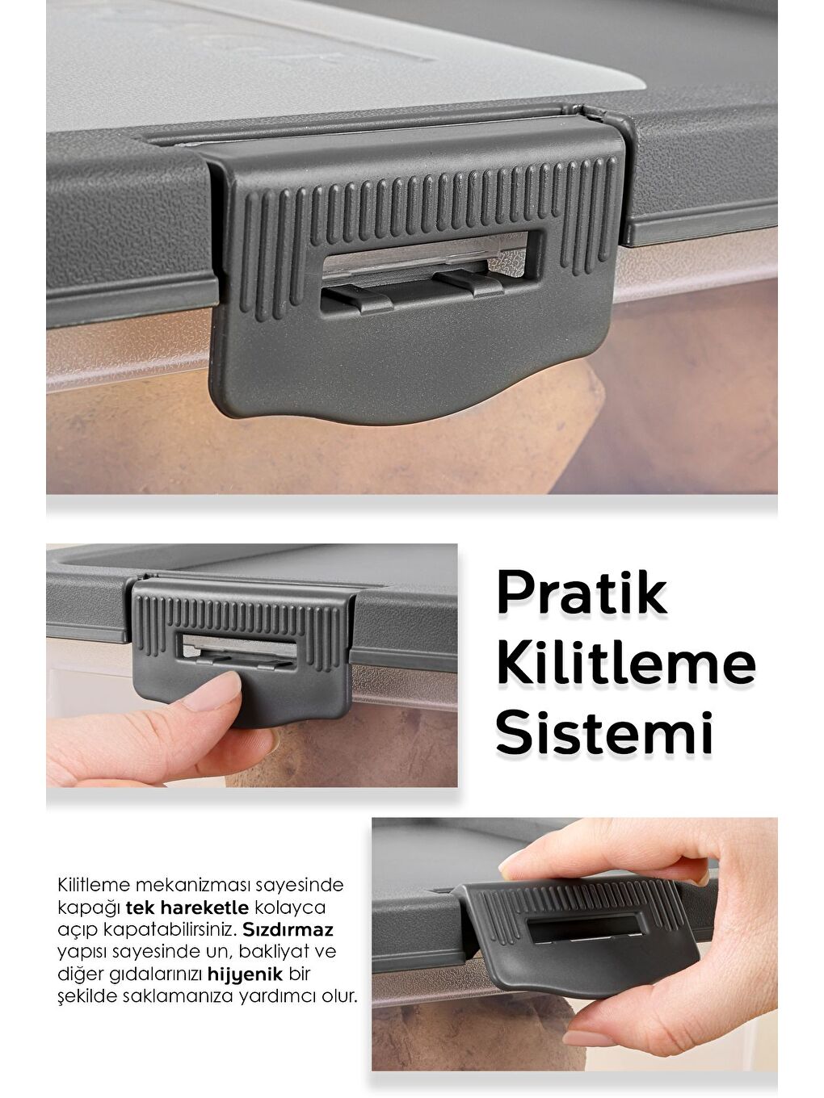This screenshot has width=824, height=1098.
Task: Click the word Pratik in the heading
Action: coord(582,593)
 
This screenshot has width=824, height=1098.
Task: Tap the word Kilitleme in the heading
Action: coord(625,664)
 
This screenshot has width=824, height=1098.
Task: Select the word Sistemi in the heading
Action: coord(604,732)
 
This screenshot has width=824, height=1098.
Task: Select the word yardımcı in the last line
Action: coord(276,995)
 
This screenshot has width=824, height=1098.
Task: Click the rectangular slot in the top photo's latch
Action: coord(423,262)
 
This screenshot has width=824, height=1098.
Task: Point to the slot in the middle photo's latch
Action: coord(241,650)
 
